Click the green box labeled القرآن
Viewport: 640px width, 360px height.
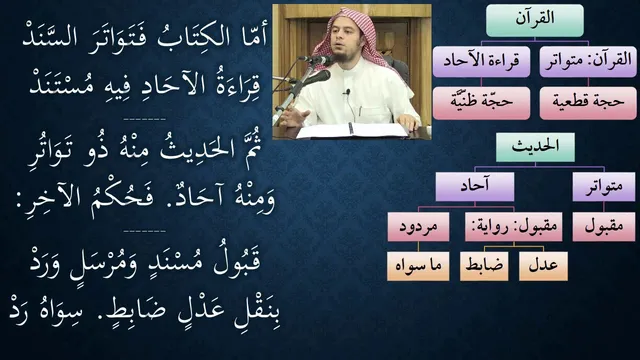pyautogui.click(x=535, y=20)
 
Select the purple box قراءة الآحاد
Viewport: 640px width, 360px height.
pyautogui.click(x=481, y=62)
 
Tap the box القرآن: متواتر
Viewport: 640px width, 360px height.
pyautogui.click(x=588, y=62)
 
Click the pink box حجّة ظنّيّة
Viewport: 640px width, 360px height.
pyautogui.click(x=481, y=103)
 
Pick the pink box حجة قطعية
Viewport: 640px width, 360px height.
pyautogui.click(x=588, y=103)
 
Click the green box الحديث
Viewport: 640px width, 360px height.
pyautogui.click(x=535, y=147)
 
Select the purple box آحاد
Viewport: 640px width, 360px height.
pyautogui.click(x=475, y=187)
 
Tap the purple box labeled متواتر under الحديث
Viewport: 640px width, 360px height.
pyautogui.click(x=604, y=187)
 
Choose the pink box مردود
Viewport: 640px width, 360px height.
pyautogui.click(x=418, y=227)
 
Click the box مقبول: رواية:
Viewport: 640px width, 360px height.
pyautogui.click(x=513, y=227)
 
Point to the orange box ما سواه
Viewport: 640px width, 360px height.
pyautogui.click(x=418, y=266)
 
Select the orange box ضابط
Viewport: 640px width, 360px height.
pyautogui.click(x=484, y=266)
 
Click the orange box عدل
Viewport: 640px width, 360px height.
pyautogui.click(x=543, y=266)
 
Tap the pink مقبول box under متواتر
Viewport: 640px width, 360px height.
pyautogui.click(x=604, y=227)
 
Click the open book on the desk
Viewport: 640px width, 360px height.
pyautogui.click(x=352, y=130)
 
